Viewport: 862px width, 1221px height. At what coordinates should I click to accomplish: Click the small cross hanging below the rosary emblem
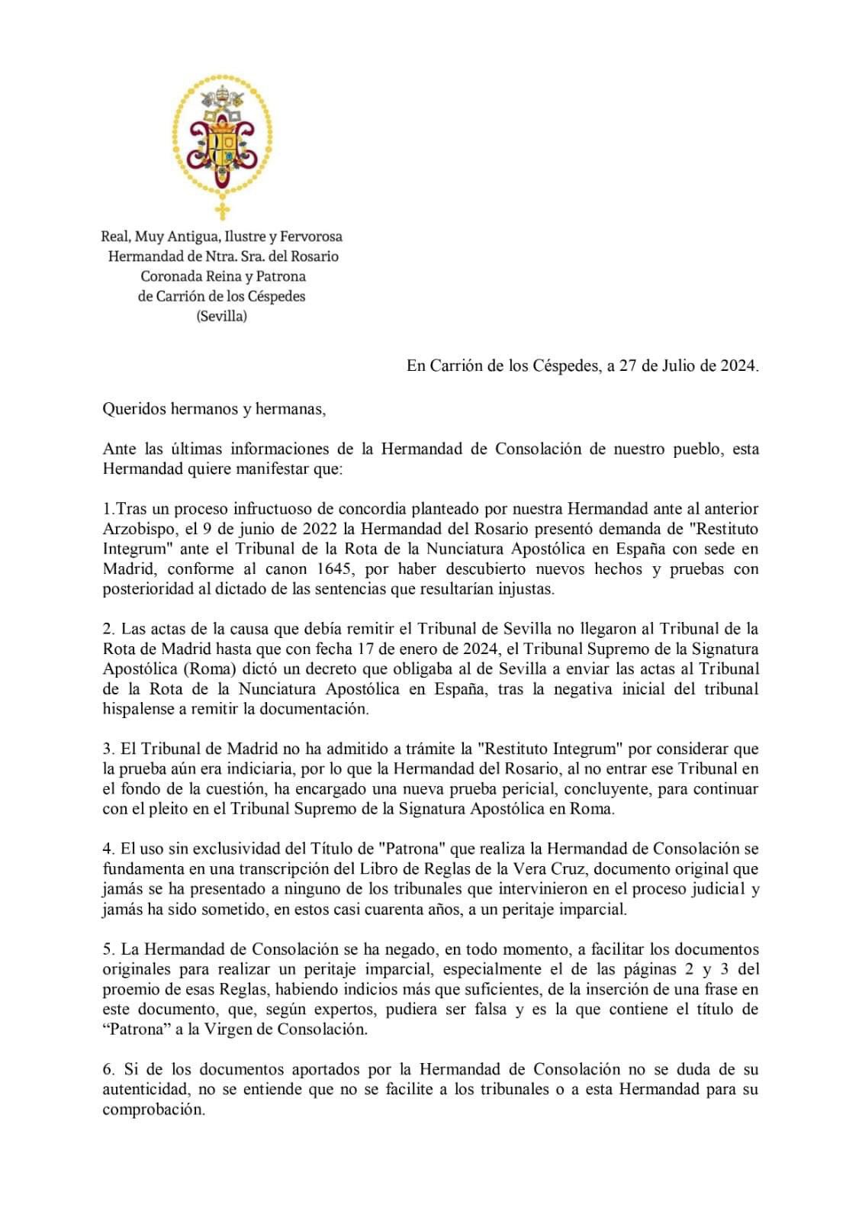point(222,210)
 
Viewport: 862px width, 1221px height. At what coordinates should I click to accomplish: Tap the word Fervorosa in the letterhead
point(308,237)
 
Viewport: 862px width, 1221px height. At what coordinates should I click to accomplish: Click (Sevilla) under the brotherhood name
point(222,316)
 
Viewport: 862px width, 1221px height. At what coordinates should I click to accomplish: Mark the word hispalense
point(139,709)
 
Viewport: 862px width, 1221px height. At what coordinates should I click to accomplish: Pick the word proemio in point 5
point(129,990)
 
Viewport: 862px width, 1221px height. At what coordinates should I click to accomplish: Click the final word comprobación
point(153,1110)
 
